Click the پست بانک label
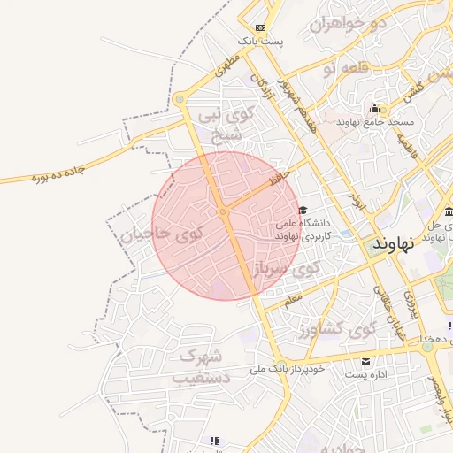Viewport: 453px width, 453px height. pos(259,42)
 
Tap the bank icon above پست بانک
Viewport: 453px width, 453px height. pos(259,27)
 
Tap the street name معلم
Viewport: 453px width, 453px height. pos(294,302)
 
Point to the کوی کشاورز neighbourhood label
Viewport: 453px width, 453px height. pos(340,331)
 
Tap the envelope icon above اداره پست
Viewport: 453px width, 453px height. pos(366,362)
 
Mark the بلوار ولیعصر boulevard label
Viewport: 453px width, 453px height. pos(437,389)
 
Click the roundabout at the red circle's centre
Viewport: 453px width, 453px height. pos(223,211)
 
